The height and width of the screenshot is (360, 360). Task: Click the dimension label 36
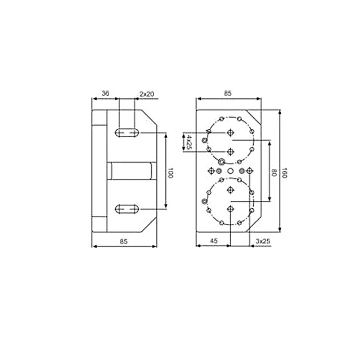[x=105, y=94]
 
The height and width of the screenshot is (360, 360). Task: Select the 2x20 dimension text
[x=146, y=94]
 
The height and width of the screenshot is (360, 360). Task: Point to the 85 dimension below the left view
[x=125, y=241]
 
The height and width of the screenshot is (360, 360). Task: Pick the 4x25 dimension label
[x=190, y=141]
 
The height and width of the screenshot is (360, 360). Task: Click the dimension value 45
[x=214, y=241]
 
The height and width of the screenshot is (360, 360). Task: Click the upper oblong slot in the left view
[x=127, y=133]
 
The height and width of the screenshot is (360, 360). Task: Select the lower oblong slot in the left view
[x=127, y=210]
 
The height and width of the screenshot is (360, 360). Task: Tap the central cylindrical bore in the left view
[x=130, y=170]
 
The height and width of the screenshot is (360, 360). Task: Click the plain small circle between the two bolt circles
[x=230, y=170]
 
